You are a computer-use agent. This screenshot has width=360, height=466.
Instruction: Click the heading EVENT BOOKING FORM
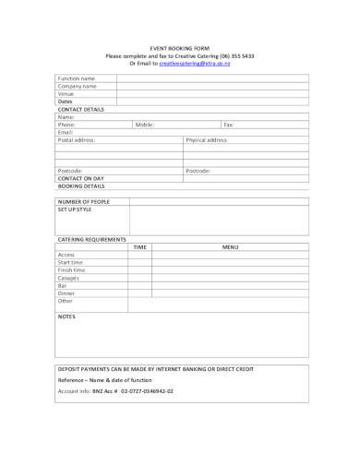[x=179, y=48]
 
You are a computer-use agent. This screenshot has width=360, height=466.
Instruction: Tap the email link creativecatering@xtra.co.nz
[x=194, y=63]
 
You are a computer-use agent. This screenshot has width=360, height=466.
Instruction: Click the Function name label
[x=77, y=78]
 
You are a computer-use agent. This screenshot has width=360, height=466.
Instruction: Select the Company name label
[x=78, y=86]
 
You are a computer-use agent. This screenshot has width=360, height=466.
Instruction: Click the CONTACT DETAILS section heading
[x=80, y=109]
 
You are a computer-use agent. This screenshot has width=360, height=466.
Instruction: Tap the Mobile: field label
[x=145, y=124]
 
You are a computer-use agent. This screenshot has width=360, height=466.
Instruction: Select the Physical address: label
[x=208, y=139]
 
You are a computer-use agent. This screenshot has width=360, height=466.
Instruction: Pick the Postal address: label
[x=77, y=139]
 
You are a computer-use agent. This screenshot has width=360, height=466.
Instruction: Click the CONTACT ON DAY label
[x=81, y=178]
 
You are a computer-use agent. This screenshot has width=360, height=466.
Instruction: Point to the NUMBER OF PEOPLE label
[x=84, y=200]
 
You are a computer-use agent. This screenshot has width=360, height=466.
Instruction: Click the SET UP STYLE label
[x=75, y=209]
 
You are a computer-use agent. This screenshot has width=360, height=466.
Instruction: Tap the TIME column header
[x=139, y=246]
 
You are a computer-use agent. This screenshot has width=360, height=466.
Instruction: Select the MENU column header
[x=231, y=246]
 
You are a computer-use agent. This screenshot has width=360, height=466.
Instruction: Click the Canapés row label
[x=69, y=278]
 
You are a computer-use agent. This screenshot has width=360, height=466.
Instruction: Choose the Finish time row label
[x=72, y=269]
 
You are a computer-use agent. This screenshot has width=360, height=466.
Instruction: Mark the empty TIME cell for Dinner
[x=139, y=293]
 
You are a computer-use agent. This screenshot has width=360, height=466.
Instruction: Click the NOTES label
[x=66, y=317]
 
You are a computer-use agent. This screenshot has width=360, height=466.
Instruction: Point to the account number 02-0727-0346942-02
[x=141, y=390]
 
